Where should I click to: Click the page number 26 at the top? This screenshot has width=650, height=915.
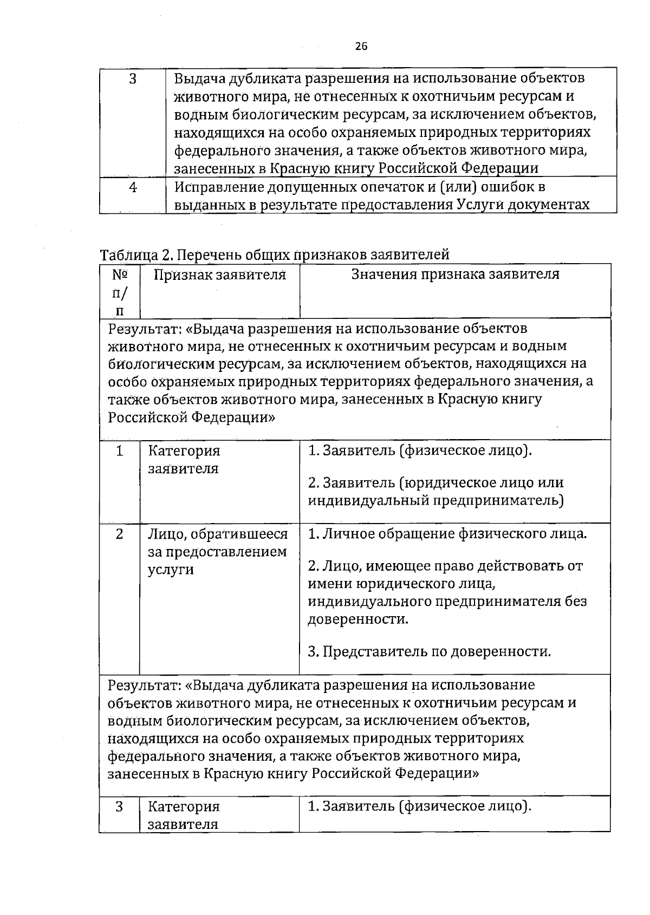point(361,47)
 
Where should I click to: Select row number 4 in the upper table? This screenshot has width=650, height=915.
point(133,187)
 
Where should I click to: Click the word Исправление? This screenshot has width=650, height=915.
point(219,187)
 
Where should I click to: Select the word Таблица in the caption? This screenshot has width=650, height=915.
point(127,254)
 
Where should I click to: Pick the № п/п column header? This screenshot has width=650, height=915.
point(120,292)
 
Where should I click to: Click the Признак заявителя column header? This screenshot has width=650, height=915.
point(220,274)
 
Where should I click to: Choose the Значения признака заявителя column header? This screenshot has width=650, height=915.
point(456,274)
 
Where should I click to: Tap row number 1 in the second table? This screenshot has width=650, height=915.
point(119,451)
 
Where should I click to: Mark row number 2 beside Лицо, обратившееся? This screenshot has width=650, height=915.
point(119,534)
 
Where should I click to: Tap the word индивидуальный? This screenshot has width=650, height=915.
point(368,500)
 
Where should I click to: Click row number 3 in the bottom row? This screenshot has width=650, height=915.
point(119,807)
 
